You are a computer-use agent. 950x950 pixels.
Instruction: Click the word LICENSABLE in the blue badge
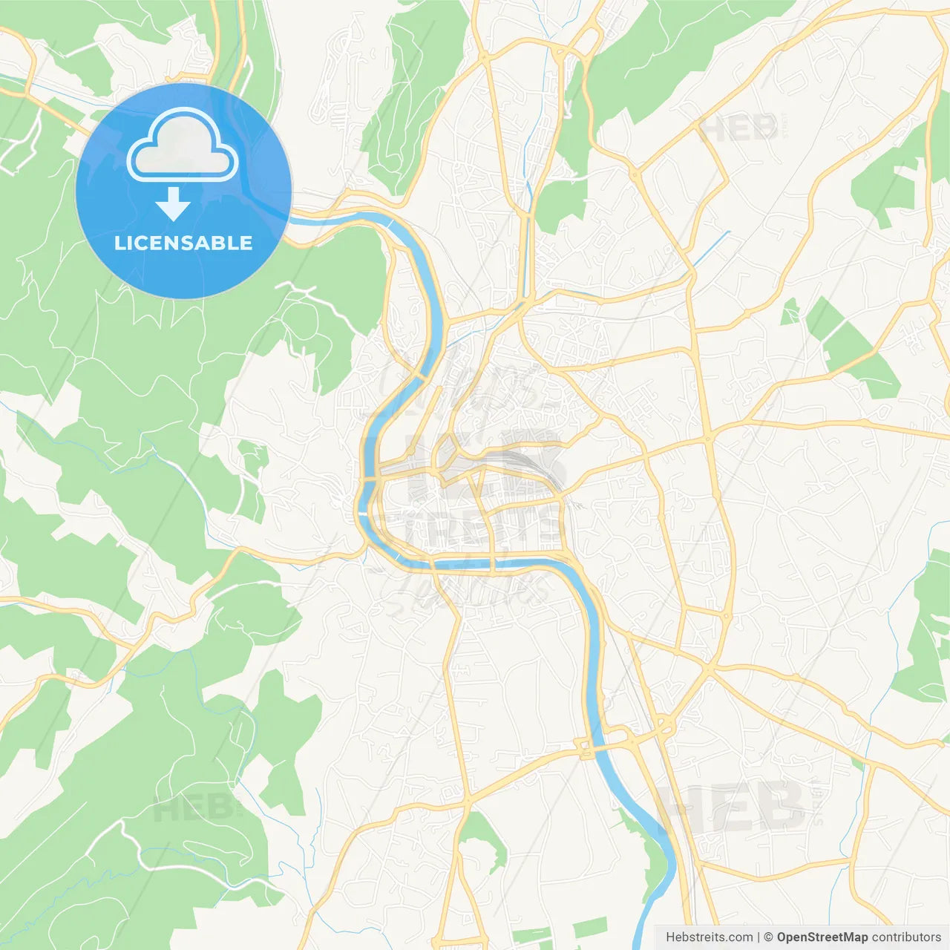183,243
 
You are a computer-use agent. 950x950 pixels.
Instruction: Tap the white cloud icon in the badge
183,146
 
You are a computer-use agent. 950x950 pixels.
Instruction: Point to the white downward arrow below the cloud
174,204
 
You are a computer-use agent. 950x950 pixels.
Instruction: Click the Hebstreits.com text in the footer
709,937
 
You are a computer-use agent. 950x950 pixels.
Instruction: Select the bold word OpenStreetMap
822,937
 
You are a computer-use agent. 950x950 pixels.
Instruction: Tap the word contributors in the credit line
906,937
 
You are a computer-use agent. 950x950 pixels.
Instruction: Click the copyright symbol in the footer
768,937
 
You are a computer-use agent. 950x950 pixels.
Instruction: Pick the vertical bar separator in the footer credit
759,937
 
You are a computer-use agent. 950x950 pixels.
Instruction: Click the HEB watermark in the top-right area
738,129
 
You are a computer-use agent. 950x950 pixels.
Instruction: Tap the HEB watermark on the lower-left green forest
194,808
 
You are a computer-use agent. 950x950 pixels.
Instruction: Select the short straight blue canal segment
710,249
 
